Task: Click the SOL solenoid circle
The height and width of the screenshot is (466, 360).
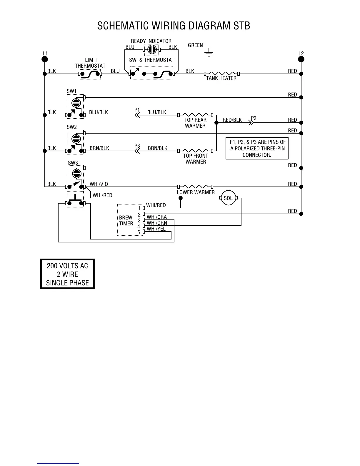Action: (x=228, y=198)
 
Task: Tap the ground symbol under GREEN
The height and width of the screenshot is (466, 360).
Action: (x=209, y=54)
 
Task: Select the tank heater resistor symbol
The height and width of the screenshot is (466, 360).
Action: (x=221, y=74)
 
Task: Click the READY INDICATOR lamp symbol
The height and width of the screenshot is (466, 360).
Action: (x=152, y=49)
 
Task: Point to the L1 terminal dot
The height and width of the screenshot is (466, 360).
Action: (x=45, y=59)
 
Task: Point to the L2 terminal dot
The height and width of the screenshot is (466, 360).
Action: (x=301, y=59)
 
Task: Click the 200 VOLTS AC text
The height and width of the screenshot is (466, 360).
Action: (x=67, y=266)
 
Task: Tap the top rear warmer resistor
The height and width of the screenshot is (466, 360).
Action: (x=195, y=115)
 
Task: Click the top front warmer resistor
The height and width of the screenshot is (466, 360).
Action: (x=195, y=151)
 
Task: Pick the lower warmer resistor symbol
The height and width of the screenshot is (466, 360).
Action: (x=195, y=187)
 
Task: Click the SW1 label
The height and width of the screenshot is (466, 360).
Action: (x=71, y=91)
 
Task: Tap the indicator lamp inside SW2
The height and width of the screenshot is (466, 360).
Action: (x=76, y=138)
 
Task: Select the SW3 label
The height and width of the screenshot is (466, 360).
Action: (x=73, y=163)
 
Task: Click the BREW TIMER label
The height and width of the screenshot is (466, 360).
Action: (x=126, y=220)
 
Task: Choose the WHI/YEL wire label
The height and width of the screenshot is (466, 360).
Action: (x=156, y=229)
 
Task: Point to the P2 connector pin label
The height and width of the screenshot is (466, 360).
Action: (x=254, y=118)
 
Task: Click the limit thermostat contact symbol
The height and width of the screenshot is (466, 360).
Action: (x=90, y=74)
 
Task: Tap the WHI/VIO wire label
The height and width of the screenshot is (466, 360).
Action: (x=99, y=184)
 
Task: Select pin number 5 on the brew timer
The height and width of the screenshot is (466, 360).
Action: (x=139, y=232)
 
